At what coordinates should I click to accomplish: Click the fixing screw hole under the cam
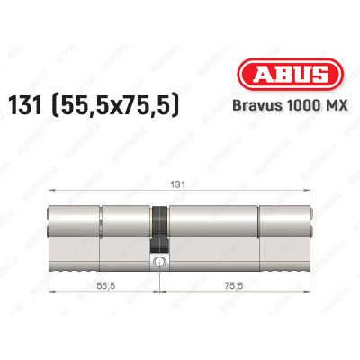click(159, 264)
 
